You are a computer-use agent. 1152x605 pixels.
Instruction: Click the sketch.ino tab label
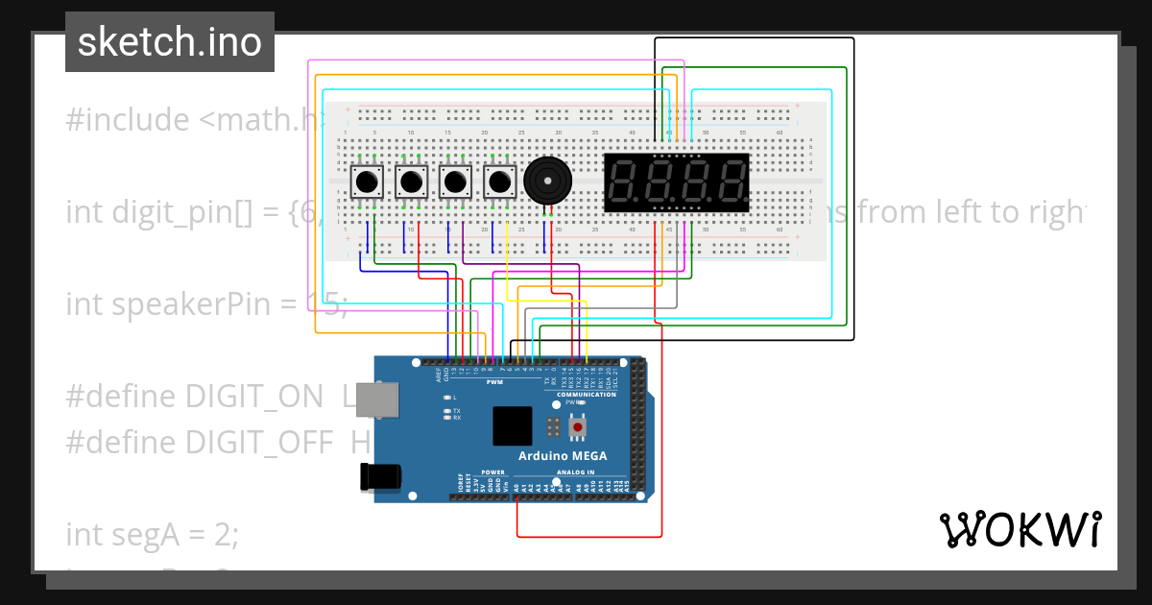click(x=169, y=42)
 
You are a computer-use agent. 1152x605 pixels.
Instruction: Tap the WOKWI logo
click(x=1019, y=529)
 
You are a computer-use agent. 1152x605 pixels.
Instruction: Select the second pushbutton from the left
click(x=412, y=181)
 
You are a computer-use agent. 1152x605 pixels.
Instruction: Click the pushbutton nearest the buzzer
click(x=499, y=181)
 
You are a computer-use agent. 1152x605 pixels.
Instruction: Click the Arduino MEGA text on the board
click(x=563, y=455)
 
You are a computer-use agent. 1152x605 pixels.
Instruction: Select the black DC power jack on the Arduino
click(x=376, y=477)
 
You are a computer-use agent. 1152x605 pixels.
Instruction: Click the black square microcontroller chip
click(x=512, y=425)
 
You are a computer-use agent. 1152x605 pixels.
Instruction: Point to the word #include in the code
click(x=128, y=120)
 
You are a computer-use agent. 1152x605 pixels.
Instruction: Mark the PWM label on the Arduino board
click(x=495, y=382)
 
